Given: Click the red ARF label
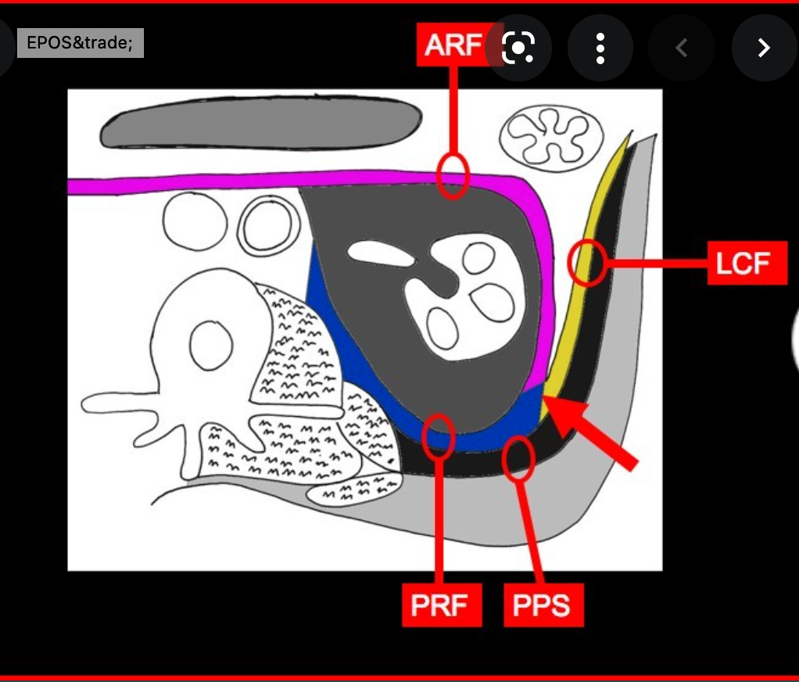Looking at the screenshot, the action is pos(452,45).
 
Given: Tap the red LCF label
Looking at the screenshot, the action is pos(747,263).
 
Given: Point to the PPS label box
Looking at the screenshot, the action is pos(543,605).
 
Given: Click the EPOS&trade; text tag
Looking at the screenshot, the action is pos(80,43).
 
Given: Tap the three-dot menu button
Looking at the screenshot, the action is pos(600,48).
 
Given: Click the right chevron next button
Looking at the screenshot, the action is pos(763,48).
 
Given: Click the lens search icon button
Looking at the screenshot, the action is pos(518,48).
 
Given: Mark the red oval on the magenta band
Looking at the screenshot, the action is pos(453,175).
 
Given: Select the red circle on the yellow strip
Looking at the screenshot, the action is pos(586,262).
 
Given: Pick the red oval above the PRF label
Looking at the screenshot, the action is pos(439,436).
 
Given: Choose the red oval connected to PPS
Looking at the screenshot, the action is pos(518,460).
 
